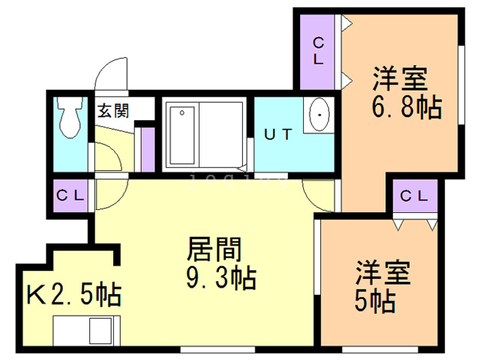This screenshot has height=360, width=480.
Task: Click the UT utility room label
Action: coord(277,134)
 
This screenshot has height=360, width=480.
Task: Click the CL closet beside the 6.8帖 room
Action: coord(317,51)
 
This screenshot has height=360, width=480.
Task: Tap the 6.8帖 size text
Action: coord(406,107)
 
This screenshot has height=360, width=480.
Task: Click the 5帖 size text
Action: coord(374,300)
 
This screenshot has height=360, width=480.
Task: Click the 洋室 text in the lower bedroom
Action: coord(382,271)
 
